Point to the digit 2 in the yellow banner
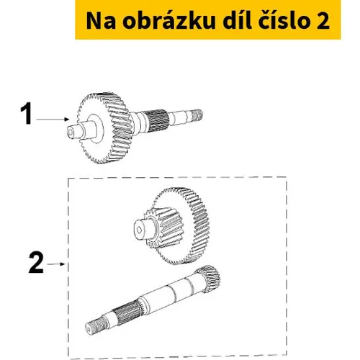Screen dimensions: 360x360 (x=323, y=21)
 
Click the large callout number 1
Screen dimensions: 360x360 (x=27, y=113)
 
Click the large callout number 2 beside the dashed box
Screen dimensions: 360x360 (x=36, y=263)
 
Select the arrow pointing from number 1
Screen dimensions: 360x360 (x=53, y=120)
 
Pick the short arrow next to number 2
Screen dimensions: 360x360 (x=55, y=264)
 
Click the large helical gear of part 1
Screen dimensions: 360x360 (x=105, y=127)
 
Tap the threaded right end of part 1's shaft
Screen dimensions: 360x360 (x=197, y=115)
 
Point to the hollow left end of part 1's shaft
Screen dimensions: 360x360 (x=71, y=132)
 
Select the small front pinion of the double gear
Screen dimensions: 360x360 (x=163, y=228)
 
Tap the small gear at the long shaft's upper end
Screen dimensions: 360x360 (x=208, y=279)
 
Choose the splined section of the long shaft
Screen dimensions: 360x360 (x=127, y=312)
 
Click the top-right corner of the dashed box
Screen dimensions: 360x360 (x=287, y=177)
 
